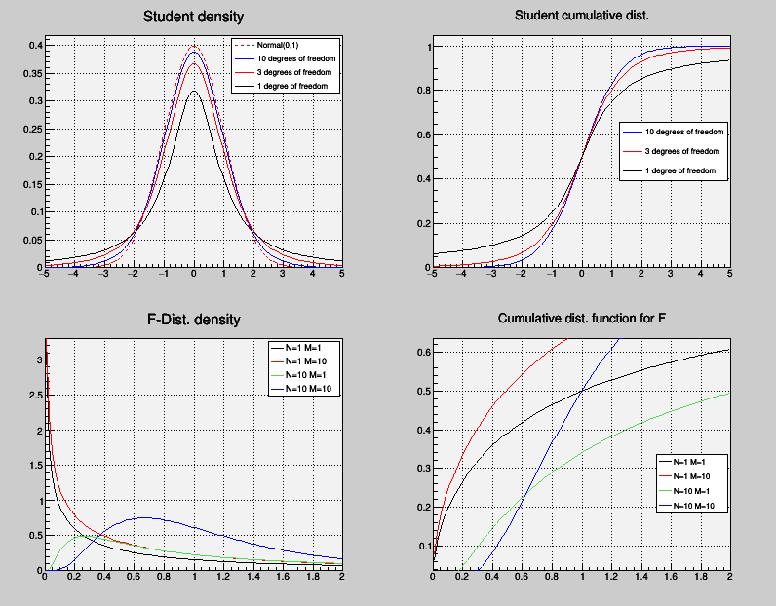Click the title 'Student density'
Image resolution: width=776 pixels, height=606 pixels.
pyautogui.click(x=193, y=17)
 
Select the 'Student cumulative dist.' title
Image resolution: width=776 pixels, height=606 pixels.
pyautogui.click(x=581, y=17)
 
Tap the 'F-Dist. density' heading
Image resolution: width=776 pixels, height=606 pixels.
pyautogui.click(x=193, y=320)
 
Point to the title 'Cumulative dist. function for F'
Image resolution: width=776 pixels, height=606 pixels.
pyautogui.click(x=582, y=320)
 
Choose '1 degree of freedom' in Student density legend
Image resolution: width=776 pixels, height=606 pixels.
pyautogui.click(x=298, y=87)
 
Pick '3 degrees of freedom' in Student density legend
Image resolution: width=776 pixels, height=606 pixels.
pyautogui.click(x=298, y=73)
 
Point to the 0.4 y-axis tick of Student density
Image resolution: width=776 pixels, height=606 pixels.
pyautogui.click(x=35, y=46)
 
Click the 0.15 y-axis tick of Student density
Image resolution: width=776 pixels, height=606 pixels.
pyautogui.click(x=32, y=184)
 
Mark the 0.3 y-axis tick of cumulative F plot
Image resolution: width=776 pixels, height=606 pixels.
pyautogui.click(x=424, y=469)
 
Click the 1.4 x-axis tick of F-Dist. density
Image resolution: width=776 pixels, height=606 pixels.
pyautogui.click(x=254, y=578)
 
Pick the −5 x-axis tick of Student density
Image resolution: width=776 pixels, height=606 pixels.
pyautogui.click(x=44, y=275)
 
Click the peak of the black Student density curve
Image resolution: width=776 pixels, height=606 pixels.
pyautogui.click(x=194, y=91)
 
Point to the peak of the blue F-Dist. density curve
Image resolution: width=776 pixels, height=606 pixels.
pyautogui.click(x=145, y=517)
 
